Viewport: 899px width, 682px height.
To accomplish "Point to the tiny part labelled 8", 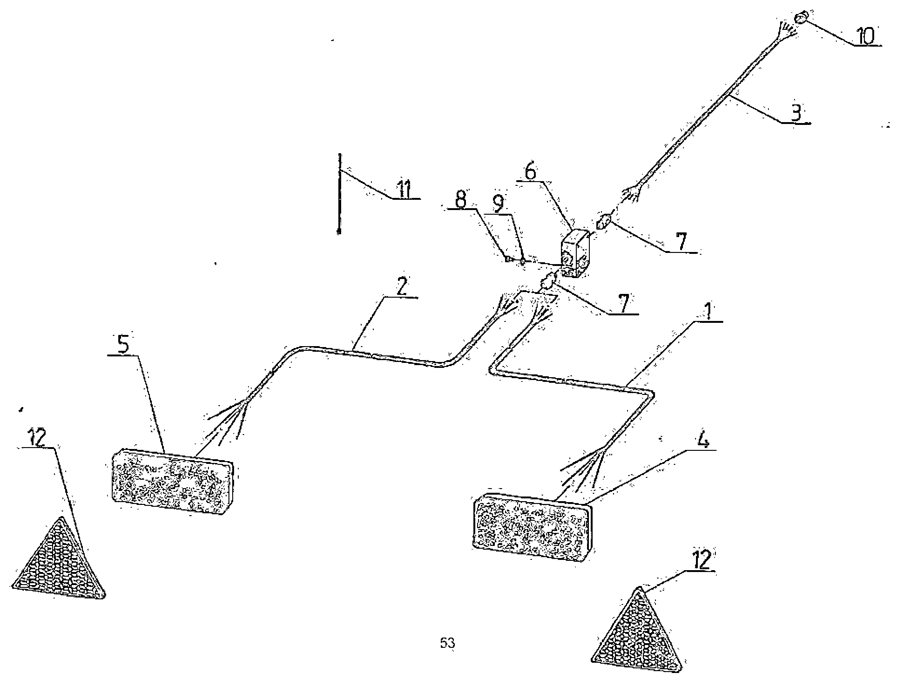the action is coord(508,258).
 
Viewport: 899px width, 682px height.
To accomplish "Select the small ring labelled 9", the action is coord(523,261).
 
